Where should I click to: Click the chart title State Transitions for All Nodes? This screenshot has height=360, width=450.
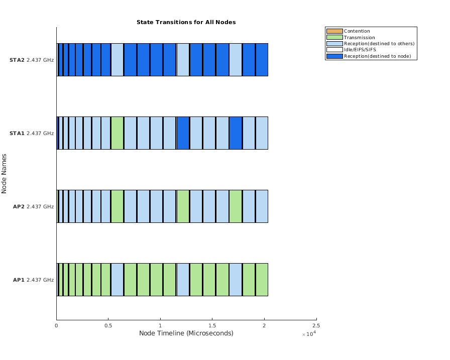[x=186, y=23]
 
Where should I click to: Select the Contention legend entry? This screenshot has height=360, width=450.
[x=357, y=31]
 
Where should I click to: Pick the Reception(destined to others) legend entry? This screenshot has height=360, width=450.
[x=379, y=44]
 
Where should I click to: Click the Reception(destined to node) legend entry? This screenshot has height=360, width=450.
[x=377, y=56]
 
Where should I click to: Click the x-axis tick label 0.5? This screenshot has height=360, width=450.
[x=108, y=326]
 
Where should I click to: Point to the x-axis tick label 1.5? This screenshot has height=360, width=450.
[x=212, y=326]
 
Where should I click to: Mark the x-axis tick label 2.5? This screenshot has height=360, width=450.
[x=316, y=326]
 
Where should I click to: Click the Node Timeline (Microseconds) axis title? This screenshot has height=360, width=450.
[x=186, y=333]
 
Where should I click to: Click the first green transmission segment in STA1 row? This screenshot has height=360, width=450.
[x=117, y=133]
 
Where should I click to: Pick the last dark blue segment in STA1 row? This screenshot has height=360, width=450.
[x=236, y=133]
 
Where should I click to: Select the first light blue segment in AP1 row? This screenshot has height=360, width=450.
[x=117, y=280]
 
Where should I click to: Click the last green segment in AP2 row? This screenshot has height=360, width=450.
[x=236, y=206]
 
